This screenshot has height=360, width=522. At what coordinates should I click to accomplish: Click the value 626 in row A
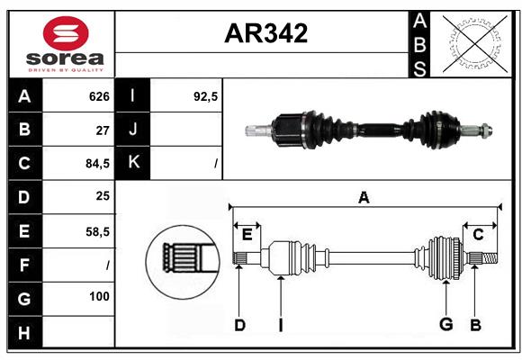coord(99,96)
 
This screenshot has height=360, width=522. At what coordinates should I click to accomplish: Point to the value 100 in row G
coord(99,296)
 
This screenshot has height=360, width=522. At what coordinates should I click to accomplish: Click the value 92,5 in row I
coord(206,96)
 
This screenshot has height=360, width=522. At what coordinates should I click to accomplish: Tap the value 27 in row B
coord(103,130)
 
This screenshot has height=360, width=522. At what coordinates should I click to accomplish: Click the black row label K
coord(134,163)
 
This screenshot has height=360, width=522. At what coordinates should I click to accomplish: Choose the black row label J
coord(134,130)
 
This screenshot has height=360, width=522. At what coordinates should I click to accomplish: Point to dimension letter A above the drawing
coord(364,197)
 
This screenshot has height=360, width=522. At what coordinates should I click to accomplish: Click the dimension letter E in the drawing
coord(247,234)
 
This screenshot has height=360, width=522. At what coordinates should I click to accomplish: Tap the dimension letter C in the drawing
coord(478,234)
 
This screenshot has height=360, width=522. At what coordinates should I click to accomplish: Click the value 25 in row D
coord(103,197)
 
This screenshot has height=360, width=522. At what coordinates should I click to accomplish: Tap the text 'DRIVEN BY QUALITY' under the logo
coord(66,68)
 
